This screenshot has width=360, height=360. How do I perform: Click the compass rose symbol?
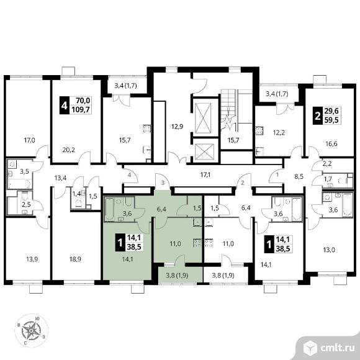pos(31,330)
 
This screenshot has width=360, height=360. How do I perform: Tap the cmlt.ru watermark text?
pos(337,348)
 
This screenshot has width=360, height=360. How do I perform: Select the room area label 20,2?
pos(69,150)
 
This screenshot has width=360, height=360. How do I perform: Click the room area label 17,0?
pos(30,140)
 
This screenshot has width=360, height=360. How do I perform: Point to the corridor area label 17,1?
pos(205,175)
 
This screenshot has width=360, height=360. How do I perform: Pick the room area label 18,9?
pos(75,259)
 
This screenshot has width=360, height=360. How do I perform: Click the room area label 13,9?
pos(32,259)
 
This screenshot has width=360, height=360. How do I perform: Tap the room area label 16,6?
pos(331,144)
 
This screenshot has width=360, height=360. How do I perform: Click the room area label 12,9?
pos(178,126)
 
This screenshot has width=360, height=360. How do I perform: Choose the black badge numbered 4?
pos(65,106)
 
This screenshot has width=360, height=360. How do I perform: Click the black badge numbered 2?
pos(318,115)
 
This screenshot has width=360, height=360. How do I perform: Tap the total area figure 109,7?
pos(81,109)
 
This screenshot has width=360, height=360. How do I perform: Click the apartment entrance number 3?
pos(163,183)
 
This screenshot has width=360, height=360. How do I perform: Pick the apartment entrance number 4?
pos(130,175)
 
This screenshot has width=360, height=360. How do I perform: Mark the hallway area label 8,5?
pos(299,176)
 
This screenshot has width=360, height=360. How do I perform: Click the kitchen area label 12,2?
pos(279,132)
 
